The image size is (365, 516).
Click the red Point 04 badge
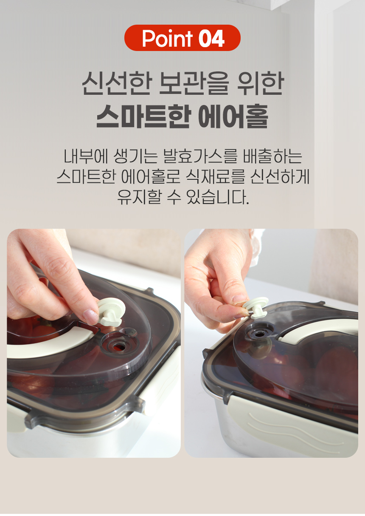[182, 38]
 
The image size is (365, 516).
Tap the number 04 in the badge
[211, 39]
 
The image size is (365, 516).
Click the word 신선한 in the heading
[117, 84]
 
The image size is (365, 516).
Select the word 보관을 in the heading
[194, 84]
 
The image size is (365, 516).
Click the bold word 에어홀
[233, 116]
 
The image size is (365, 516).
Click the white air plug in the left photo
[111, 312]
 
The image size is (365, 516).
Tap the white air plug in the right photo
[256, 308]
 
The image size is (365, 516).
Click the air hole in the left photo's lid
[118, 346]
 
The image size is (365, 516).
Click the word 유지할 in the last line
[139, 197]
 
